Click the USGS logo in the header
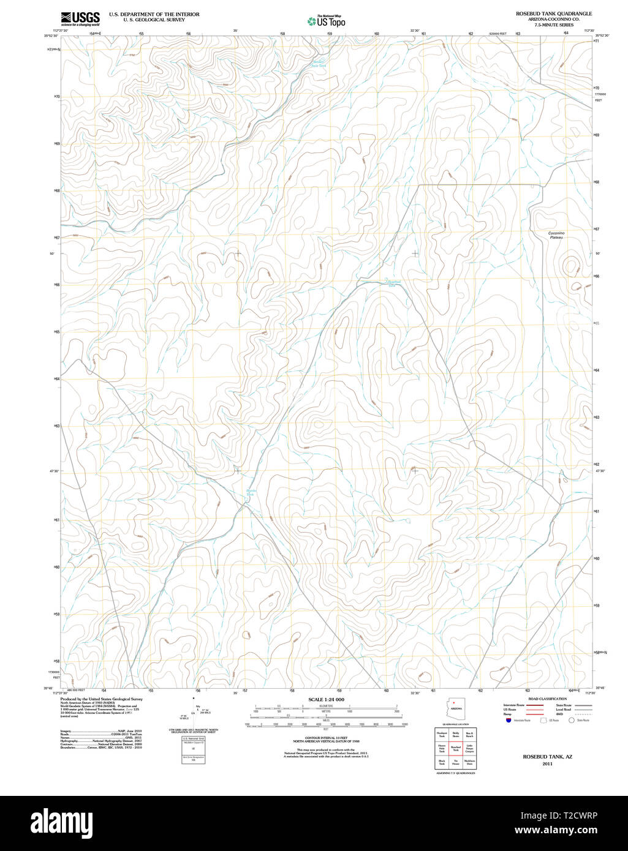click(x=80, y=19)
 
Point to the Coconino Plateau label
click(x=556, y=235)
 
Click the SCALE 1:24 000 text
click(x=326, y=699)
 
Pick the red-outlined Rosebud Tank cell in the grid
click(x=455, y=748)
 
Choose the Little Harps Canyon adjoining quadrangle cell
click(x=469, y=748)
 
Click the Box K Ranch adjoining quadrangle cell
click(x=469, y=733)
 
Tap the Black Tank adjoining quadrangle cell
click(x=442, y=763)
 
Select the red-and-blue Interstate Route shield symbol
click(x=508, y=721)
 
